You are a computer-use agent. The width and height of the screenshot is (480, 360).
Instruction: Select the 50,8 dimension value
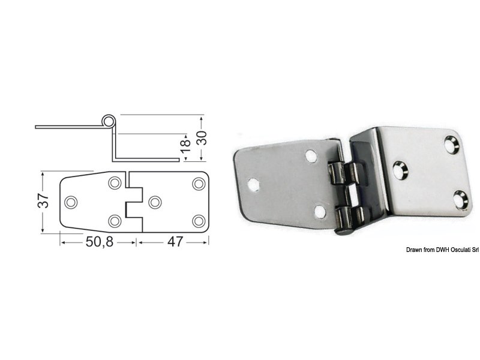tap(98, 243)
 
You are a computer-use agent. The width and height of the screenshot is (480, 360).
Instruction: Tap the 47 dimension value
tap(174, 243)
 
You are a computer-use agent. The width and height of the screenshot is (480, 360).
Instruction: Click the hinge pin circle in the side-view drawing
tap(107, 121)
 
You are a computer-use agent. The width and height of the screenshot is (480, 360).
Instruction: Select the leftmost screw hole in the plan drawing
tap(71, 202)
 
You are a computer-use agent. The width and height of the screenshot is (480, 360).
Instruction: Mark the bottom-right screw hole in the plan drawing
tap(197, 221)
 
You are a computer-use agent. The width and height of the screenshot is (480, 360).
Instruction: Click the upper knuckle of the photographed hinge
tap(341, 174)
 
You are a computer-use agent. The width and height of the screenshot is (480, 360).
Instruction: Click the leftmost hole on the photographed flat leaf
tap(255, 184)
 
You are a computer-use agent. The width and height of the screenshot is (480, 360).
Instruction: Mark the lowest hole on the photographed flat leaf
tap(320, 211)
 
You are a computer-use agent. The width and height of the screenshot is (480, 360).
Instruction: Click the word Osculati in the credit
tap(449, 250)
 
